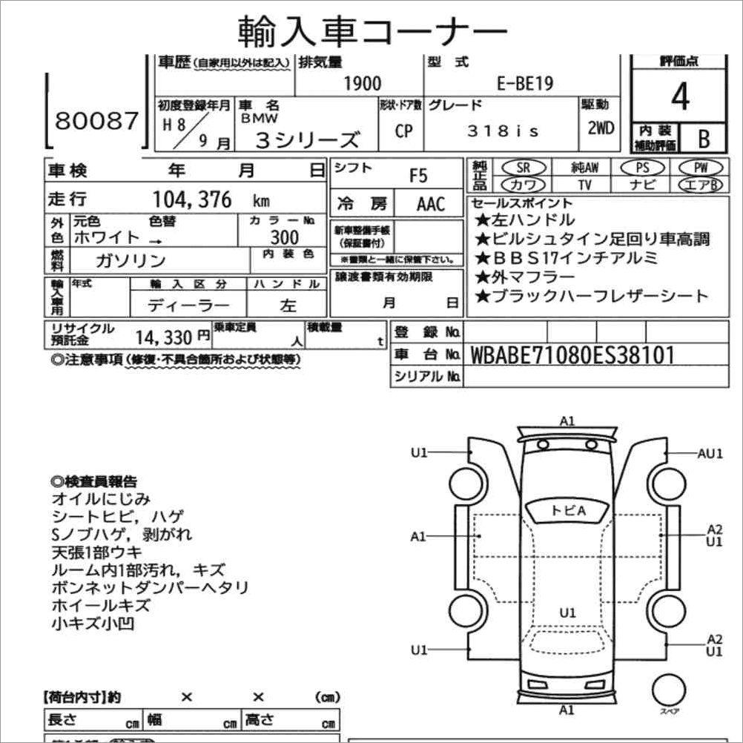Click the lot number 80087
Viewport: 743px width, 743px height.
pyautogui.click(x=96, y=121)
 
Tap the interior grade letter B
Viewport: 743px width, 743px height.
pyautogui.click(x=702, y=138)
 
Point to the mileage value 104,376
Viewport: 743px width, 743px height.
pyautogui.click(x=192, y=199)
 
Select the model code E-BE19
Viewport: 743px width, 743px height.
pyautogui.click(x=524, y=83)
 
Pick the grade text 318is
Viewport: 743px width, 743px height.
pyautogui.click(x=503, y=131)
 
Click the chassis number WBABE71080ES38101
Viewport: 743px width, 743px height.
pyautogui.click(x=572, y=355)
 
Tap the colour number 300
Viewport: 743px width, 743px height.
pyautogui.click(x=284, y=237)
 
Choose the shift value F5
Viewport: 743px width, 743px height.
pyautogui.click(x=418, y=176)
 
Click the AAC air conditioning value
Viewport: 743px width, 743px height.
pyautogui.click(x=430, y=203)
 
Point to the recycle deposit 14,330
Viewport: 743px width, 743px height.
pyautogui.click(x=162, y=337)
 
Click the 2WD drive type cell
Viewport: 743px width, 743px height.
pyautogui.click(x=600, y=128)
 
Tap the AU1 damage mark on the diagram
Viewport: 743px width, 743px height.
pyautogui.click(x=710, y=453)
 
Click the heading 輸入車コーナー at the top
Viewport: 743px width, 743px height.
pyautogui.click(x=372, y=31)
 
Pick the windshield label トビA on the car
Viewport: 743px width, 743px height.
pyautogui.click(x=567, y=510)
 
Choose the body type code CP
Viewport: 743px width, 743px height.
pyautogui.click(x=403, y=131)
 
